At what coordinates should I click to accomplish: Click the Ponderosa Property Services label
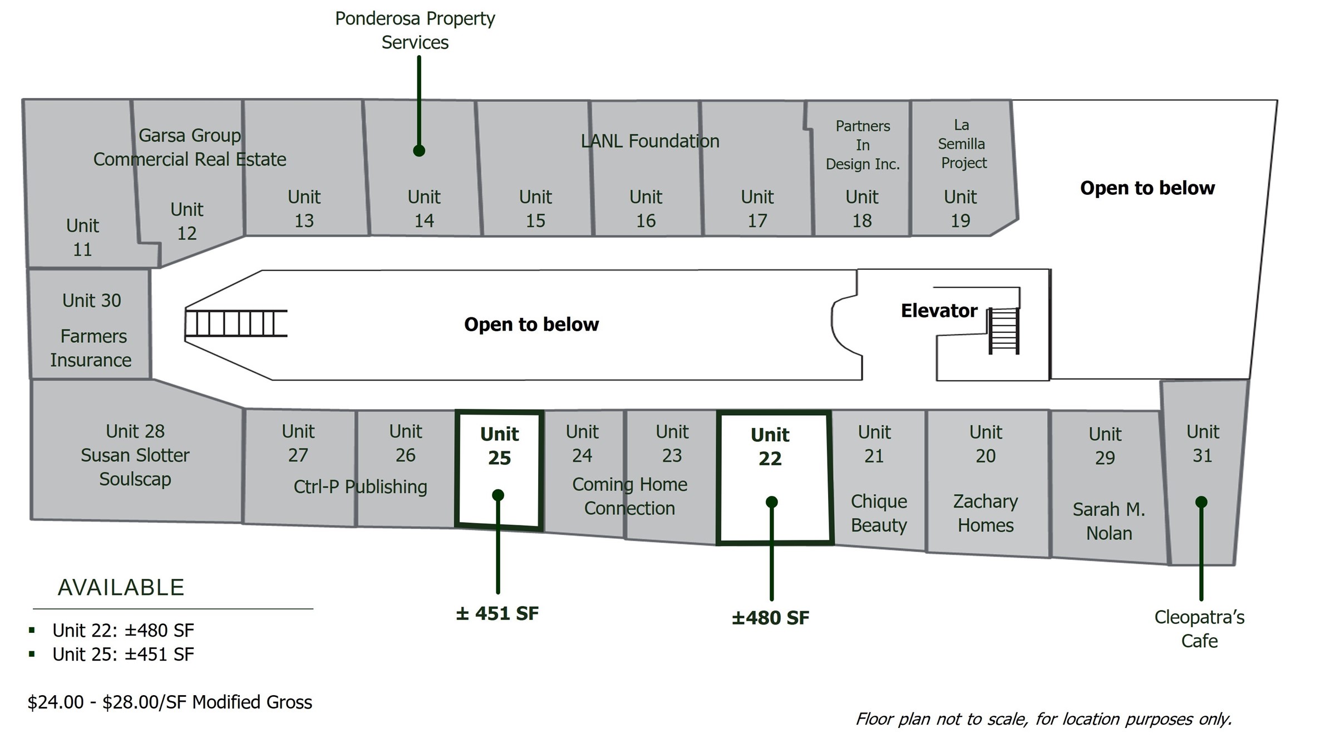tap(415, 31)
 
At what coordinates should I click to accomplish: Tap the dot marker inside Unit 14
tap(419, 151)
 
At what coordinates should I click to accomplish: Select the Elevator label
tap(939, 311)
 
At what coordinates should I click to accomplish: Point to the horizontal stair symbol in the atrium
tap(236, 323)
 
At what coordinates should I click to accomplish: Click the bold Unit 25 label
tap(499, 446)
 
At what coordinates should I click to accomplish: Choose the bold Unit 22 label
tap(770, 446)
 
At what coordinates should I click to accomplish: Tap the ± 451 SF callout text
tap(497, 613)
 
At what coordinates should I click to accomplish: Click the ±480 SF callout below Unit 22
tap(770, 618)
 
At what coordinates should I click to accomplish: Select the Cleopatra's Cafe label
tap(1199, 629)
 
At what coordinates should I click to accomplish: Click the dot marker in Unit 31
tap(1201, 502)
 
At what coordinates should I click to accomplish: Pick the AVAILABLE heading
tap(121, 588)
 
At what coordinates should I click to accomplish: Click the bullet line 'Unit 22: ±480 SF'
tap(123, 631)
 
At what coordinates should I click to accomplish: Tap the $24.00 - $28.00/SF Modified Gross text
tap(170, 702)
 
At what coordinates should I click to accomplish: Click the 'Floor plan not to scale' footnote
tap(1043, 719)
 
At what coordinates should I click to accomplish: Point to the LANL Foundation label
tap(649, 141)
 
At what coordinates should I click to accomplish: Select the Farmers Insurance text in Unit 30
tap(91, 348)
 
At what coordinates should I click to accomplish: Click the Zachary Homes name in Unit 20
tap(986, 513)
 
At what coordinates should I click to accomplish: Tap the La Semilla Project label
tap(962, 144)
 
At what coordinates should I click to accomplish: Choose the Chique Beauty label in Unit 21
tap(879, 513)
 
